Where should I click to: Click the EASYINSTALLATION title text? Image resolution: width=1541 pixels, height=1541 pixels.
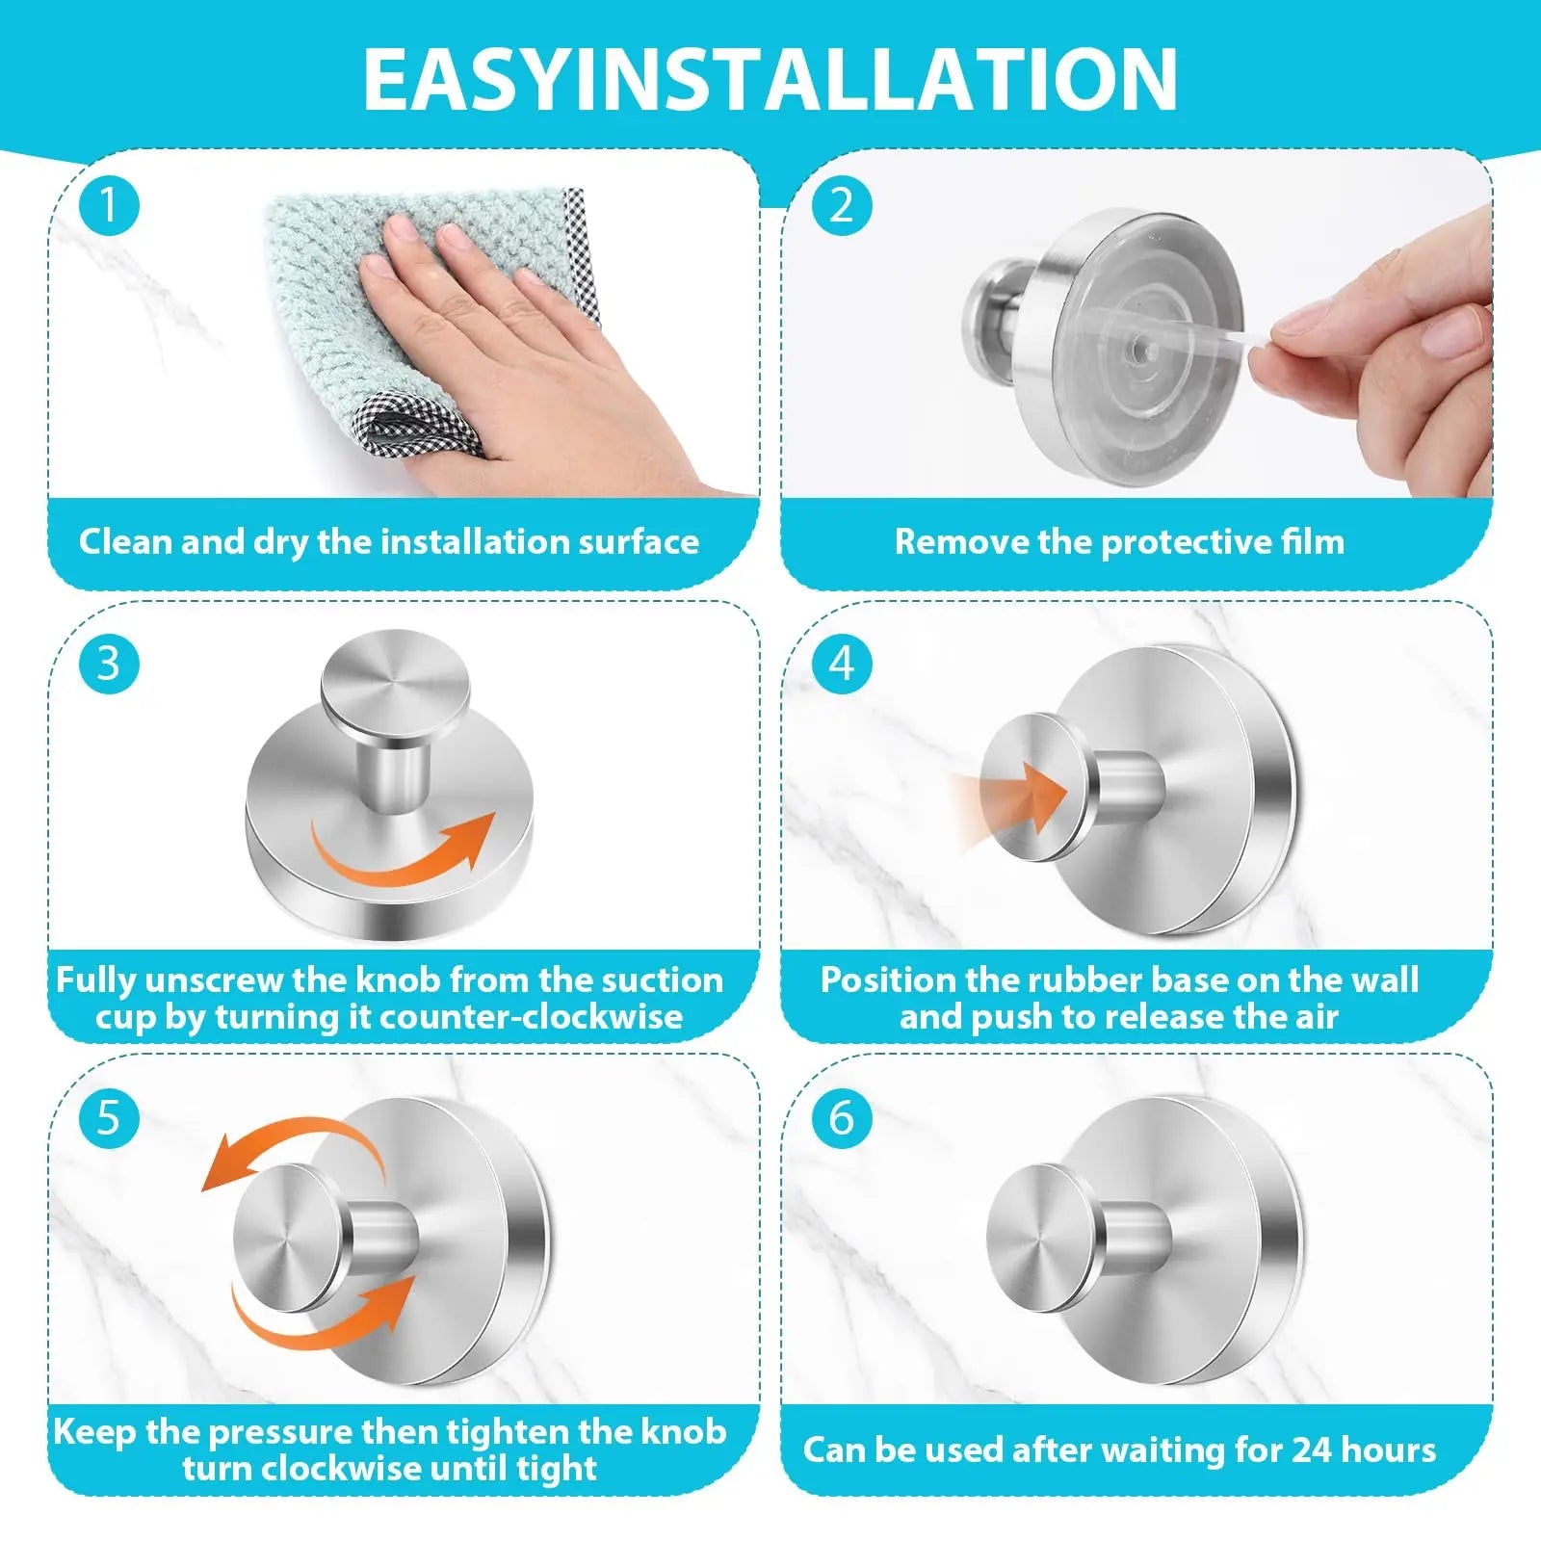[x=770, y=79]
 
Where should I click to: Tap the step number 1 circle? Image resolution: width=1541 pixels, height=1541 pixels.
[x=109, y=206]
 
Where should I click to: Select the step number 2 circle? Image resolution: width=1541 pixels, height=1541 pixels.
[x=842, y=206]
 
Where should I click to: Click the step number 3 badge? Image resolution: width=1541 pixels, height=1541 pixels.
[x=109, y=664]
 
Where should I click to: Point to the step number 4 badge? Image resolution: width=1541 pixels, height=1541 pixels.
[x=842, y=664]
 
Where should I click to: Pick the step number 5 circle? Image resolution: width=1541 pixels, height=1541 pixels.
[x=109, y=1118]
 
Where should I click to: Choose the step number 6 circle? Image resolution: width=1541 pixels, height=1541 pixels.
[x=842, y=1118]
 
